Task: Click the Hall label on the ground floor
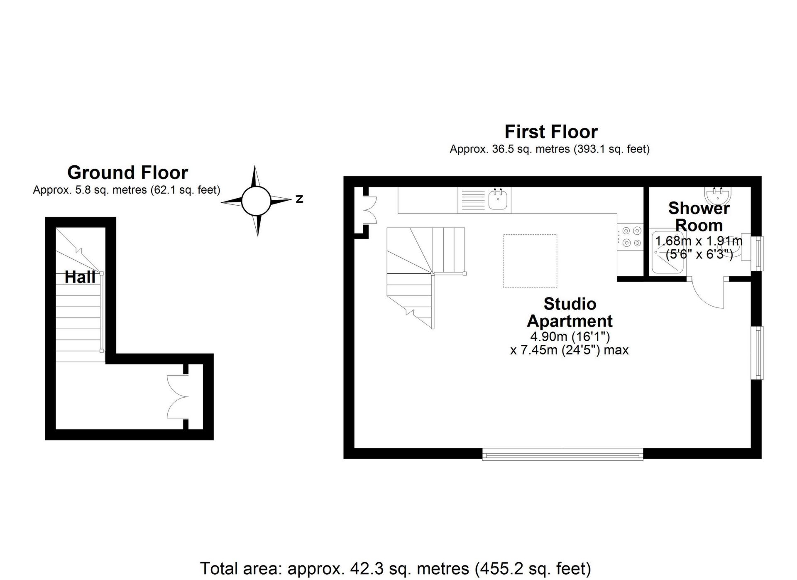point(80,277)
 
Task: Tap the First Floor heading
point(551,132)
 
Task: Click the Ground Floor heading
point(127,172)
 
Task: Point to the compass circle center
point(256,201)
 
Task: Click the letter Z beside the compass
point(299,199)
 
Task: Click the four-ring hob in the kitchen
point(630,236)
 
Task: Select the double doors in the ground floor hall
point(178,396)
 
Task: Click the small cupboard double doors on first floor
point(369,211)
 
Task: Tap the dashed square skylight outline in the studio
point(530,261)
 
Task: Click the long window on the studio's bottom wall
point(562,455)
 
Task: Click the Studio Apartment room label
point(570,312)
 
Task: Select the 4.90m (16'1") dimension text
point(570,336)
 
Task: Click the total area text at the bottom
point(395,568)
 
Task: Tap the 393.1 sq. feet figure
point(611,149)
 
